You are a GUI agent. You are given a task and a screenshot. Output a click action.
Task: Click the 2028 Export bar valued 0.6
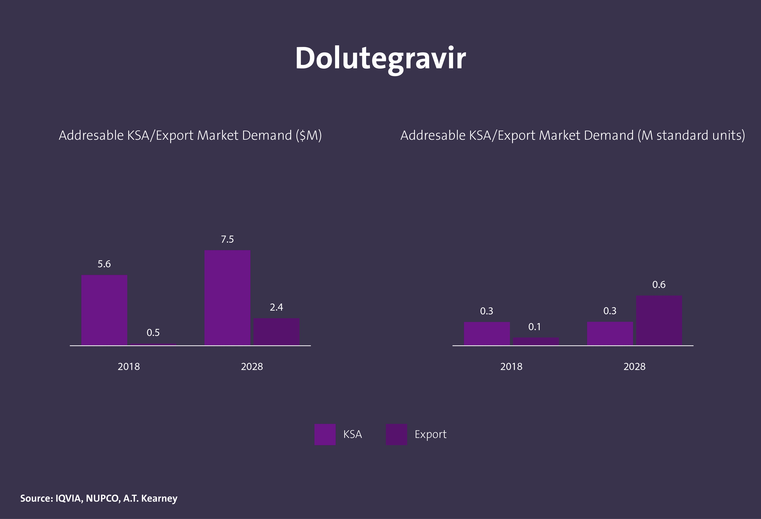[x=659, y=320]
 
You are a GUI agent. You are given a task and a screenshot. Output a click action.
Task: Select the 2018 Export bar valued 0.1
[x=536, y=341]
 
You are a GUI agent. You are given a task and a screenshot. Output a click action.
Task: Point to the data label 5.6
[x=104, y=264]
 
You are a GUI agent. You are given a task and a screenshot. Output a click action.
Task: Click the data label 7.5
[x=227, y=239]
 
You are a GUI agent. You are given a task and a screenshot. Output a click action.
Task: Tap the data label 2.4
[x=276, y=307]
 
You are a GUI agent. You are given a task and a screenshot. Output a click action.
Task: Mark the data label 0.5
[x=153, y=333]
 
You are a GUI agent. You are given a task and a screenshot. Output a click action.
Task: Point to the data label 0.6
[x=659, y=285]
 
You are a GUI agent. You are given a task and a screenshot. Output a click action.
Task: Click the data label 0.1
[x=534, y=327]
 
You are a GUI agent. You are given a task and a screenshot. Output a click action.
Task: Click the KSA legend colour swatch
[x=325, y=434]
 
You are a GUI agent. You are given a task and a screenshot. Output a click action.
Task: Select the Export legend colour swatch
[x=396, y=434]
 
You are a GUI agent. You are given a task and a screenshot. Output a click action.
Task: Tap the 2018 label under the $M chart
[x=129, y=366]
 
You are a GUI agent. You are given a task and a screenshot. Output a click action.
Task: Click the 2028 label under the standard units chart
[x=634, y=366]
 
